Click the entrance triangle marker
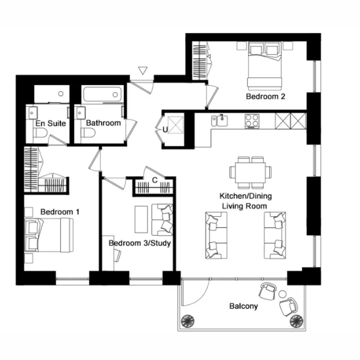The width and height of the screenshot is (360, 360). click(143, 70)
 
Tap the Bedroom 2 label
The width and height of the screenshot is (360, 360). click(265, 97)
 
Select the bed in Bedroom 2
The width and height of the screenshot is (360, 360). click(265, 66)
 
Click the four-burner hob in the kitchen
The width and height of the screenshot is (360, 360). click(252, 121)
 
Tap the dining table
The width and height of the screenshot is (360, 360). click(250, 173)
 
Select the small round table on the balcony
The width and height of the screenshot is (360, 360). click(282, 294)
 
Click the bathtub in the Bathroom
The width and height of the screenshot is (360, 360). click(102, 94)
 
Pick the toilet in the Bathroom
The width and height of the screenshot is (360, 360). click(88, 133)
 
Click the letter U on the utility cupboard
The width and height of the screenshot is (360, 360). click(165, 130)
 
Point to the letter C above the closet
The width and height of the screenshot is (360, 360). click(155, 180)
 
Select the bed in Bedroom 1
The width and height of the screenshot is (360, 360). click(49, 235)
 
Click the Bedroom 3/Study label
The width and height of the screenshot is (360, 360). click(139, 243)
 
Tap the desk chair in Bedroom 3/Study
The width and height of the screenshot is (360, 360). click(118, 255)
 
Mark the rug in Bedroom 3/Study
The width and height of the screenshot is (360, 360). click(141, 219)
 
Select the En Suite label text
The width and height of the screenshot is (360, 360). click(51, 124)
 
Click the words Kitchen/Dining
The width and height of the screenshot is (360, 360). click(245, 196)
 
